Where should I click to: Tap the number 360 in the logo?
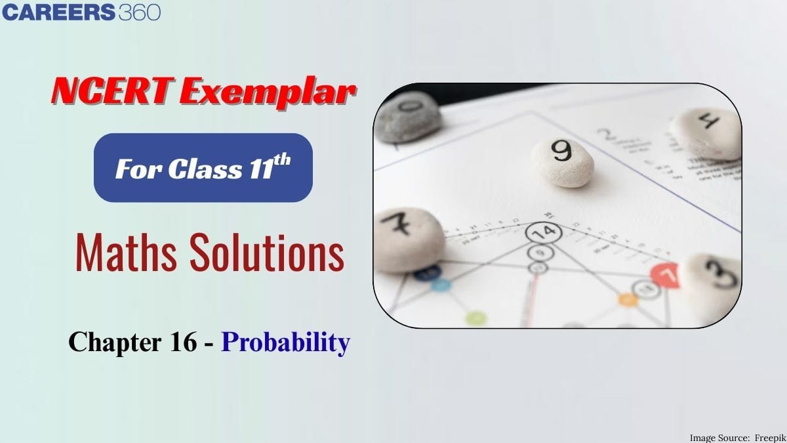[139, 12]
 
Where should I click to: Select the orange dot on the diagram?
[628, 299]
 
